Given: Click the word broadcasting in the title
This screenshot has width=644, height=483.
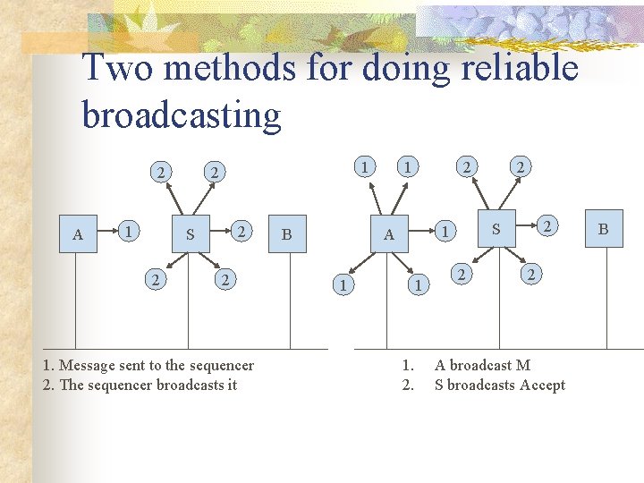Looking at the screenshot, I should [182, 114].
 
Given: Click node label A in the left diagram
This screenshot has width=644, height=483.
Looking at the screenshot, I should [78, 235].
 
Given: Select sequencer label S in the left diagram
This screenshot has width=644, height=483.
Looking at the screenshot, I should [190, 235].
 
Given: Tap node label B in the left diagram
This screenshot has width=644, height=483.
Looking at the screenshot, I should [286, 235].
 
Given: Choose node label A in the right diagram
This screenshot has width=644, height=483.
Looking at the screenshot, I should [388, 235].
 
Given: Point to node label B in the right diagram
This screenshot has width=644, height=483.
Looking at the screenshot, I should [603, 229].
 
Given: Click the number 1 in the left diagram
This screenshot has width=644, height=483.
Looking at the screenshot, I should [131, 230].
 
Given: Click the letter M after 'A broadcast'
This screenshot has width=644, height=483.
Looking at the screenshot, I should [523, 365].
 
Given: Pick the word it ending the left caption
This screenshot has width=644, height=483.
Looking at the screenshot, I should [232, 386].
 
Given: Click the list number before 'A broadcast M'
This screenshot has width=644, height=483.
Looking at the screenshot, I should [407, 365].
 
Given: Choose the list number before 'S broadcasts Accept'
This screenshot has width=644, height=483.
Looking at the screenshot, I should [407, 386].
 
